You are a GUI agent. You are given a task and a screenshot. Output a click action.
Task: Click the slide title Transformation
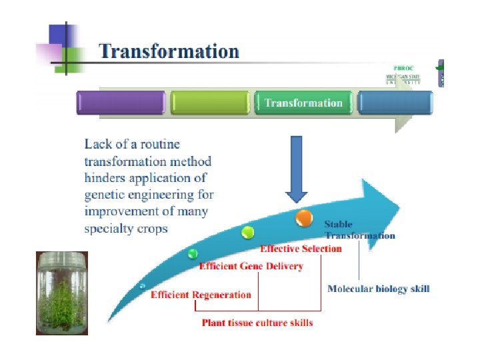pos(169,51)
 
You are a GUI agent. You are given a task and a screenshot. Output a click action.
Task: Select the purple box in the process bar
pos(121,103)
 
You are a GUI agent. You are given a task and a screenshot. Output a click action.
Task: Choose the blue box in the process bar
pos(395,103)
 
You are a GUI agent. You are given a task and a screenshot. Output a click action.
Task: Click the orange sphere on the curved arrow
pos(304,217)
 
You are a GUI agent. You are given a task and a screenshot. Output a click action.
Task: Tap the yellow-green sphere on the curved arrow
pos(248,232)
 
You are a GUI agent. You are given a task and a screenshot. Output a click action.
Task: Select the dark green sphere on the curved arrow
pos(193,254)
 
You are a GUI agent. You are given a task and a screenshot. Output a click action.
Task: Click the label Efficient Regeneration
pos(201,295)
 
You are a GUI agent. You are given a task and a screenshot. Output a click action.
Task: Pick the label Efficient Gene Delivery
pos(251,267)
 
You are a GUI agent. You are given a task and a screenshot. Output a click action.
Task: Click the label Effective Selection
pos(301,249)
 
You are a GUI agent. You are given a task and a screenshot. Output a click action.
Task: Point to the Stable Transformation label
pos(359,230)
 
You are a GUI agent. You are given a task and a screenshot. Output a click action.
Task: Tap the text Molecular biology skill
pos(378,289)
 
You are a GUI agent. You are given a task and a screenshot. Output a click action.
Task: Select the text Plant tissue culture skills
pos(257,323)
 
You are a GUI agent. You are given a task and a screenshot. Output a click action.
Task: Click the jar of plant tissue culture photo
pos(61,293)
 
